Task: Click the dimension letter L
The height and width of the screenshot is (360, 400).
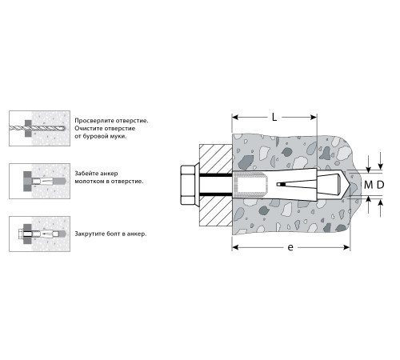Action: click(274, 117)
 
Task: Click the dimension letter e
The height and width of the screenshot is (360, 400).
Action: click(290, 247)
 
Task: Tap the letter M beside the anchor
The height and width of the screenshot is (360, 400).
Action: click(368, 185)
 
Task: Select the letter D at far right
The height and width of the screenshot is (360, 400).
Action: click(381, 185)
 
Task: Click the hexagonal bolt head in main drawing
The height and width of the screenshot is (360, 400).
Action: click(188, 185)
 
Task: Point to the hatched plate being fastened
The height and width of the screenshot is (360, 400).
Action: click(215, 185)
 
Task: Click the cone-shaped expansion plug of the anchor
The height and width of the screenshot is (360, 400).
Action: click(331, 184)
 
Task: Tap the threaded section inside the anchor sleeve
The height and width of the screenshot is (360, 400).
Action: click(250, 185)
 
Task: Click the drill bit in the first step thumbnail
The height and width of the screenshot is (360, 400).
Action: click(38, 128)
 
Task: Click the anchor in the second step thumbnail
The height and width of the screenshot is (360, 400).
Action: click(49, 181)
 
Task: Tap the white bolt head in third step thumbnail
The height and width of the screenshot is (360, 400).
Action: click(21, 234)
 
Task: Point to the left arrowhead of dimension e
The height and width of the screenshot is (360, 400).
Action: click(234, 247)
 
